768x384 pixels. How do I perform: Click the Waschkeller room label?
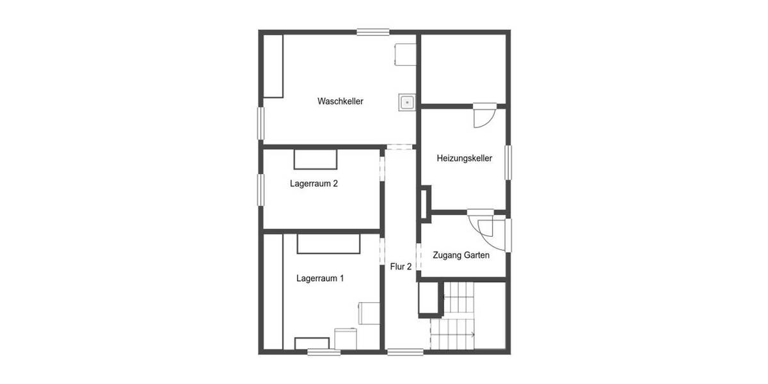[340, 101]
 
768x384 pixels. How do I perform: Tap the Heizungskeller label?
[464, 158]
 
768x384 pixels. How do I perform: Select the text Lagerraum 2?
[314, 184]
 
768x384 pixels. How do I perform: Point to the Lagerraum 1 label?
[320, 278]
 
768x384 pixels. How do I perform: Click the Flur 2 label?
[401, 266]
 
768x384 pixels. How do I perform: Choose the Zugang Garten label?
[461, 255]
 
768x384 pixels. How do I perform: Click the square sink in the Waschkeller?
[407, 102]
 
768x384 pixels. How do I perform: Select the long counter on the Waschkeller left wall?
[273, 66]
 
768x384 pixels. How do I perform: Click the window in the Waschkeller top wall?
[373, 31]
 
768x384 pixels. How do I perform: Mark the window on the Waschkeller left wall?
[261, 122]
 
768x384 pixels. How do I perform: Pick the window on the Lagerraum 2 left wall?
[261, 189]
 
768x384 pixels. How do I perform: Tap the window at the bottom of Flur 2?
[405, 351]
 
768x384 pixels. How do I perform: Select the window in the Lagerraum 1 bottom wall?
[324, 351]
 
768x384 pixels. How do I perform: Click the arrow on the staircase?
[472, 334]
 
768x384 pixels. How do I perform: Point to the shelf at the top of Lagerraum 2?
[315, 157]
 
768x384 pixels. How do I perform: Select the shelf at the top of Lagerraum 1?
[329, 243]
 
